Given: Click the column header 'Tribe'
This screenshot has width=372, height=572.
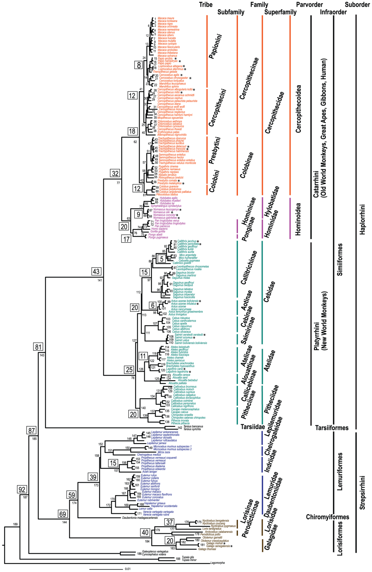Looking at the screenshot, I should (x=205, y=5).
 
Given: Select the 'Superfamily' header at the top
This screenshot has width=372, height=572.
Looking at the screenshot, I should (x=280, y=12).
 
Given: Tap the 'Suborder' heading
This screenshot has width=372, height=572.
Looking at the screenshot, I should (x=357, y=5).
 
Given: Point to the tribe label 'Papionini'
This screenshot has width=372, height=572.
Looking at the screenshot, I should (x=215, y=46).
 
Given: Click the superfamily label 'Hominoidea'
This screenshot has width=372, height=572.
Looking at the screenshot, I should (x=298, y=219).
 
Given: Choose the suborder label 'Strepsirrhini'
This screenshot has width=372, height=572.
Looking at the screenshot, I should (x=363, y=492).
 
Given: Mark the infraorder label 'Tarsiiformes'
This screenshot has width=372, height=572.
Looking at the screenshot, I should (x=331, y=428).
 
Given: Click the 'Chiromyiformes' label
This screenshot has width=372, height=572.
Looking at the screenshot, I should (x=327, y=517).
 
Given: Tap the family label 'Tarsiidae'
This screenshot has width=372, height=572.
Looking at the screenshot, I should (x=253, y=427).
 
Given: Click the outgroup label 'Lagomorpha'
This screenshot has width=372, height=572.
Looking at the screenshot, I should (x=217, y=563).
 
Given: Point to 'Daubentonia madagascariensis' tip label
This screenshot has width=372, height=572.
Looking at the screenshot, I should (x=140, y=518).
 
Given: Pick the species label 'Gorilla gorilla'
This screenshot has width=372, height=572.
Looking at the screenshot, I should (x=158, y=232).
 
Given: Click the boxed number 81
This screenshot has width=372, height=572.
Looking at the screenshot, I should (x=38, y=347).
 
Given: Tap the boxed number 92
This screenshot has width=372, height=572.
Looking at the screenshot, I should (x=22, y=489).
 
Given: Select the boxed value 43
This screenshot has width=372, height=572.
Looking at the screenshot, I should (x=96, y=271).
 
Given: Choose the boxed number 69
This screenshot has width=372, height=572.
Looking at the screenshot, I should (x=63, y=514).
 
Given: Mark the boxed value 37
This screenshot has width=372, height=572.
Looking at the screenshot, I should (x=170, y=522).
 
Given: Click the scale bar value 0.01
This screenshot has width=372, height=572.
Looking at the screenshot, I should (x=128, y=569).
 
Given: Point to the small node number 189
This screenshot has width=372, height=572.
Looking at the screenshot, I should (x=15, y=524).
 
